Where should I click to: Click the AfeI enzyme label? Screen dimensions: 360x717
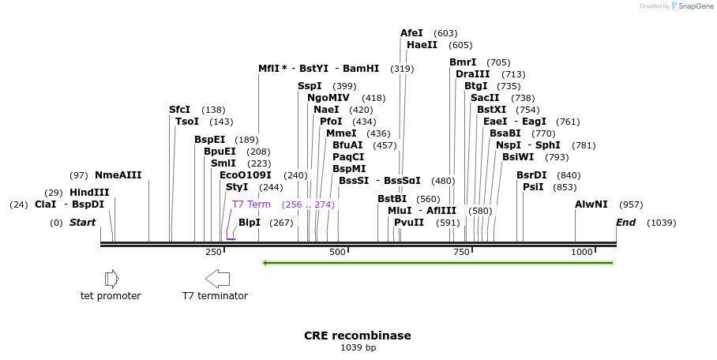[411, 33]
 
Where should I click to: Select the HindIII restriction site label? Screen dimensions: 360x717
[89, 193]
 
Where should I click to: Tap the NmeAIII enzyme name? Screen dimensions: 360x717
[118, 175]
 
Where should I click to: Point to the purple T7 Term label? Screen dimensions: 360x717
[251, 204]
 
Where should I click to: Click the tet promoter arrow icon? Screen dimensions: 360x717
[111, 278]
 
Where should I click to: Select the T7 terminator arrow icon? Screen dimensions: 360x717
[217, 278]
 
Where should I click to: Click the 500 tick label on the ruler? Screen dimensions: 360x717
[337, 252]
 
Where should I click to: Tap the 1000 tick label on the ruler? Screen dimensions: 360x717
[582, 252]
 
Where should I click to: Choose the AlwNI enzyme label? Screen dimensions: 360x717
[591, 204]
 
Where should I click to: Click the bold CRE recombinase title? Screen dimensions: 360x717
[358, 336]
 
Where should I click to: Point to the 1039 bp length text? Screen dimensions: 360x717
[358, 348]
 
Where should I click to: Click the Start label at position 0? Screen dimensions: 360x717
[82, 223]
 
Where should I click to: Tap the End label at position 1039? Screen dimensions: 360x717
[626, 223]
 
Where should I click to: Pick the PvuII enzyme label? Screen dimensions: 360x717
[409, 223]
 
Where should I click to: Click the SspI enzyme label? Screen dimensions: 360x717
[310, 86]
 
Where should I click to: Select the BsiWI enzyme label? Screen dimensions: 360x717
[518, 157]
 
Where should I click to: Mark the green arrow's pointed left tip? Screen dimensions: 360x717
[264, 263]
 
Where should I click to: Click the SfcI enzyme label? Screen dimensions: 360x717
[179, 110]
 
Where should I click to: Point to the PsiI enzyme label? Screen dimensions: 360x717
[533, 187]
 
